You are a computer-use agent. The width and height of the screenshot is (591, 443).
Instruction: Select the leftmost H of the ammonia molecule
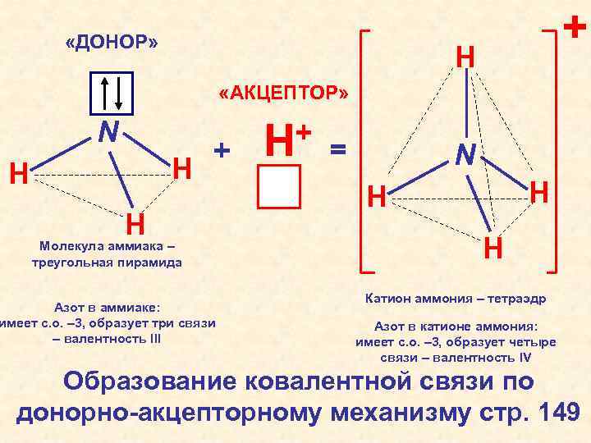pos(17,174)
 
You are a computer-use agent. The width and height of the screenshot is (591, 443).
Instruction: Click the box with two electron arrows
pos(111,93)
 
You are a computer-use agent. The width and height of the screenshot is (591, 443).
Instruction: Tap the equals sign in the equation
pos(338,149)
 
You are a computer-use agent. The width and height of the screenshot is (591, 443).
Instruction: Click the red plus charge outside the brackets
pos(576,29)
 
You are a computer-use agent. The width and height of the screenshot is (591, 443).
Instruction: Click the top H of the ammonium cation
pos(465,57)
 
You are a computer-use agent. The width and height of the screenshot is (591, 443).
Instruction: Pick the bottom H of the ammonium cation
pos(493,246)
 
